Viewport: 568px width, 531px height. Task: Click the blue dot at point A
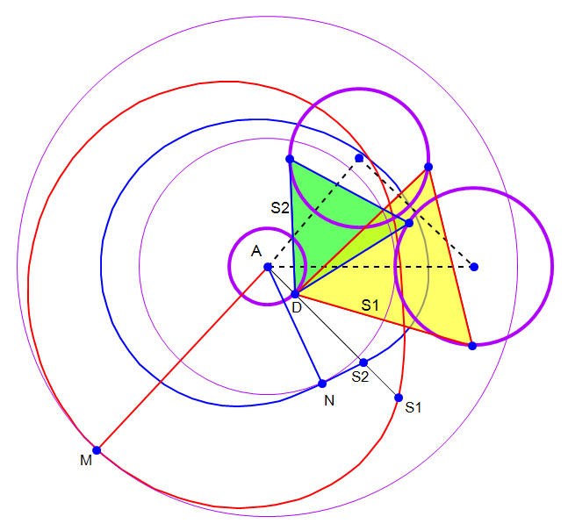pyautogui.click(x=268, y=267)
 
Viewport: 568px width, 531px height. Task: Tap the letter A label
pyautogui.click(x=256, y=251)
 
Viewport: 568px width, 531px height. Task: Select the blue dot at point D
pyautogui.click(x=295, y=294)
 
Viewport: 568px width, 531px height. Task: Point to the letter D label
pyautogui.click(x=297, y=307)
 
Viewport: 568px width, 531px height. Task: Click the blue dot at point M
pyautogui.click(x=97, y=450)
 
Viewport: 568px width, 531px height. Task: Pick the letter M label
pyautogui.click(x=86, y=461)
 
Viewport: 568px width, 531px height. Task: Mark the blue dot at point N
pyautogui.click(x=322, y=384)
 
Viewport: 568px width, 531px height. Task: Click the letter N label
pyautogui.click(x=329, y=400)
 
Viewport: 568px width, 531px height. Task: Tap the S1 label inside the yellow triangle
pyautogui.click(x=370, y=305)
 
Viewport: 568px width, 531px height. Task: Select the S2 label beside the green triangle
pyautogui.click(x=280, y=208)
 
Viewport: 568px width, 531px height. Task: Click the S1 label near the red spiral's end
pyautogui.click(x=413, y=408)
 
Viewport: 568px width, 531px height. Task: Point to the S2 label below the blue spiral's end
pyautogui.click(x=360, y=377)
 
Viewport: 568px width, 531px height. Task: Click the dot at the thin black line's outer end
pyautogui.click(x=399, y=398)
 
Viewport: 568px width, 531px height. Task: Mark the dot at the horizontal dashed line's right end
pyautogui.click(x=474, y=267)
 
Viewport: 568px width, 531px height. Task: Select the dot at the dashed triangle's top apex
pyautogui.click(x=359, y=158)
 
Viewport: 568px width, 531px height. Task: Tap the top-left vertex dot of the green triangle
pyautogui.click(x=290, y=159)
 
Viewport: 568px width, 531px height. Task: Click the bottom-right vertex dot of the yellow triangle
pyautogui.click(x=472, y=346)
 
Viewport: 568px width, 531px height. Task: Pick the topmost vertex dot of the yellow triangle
pyautogui.click(x=428, y=167)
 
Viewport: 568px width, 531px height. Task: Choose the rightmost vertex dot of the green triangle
pyautogui.click(x=409, y=223)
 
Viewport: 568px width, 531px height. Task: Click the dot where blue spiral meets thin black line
pyautogui.click(x=363, y=362)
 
